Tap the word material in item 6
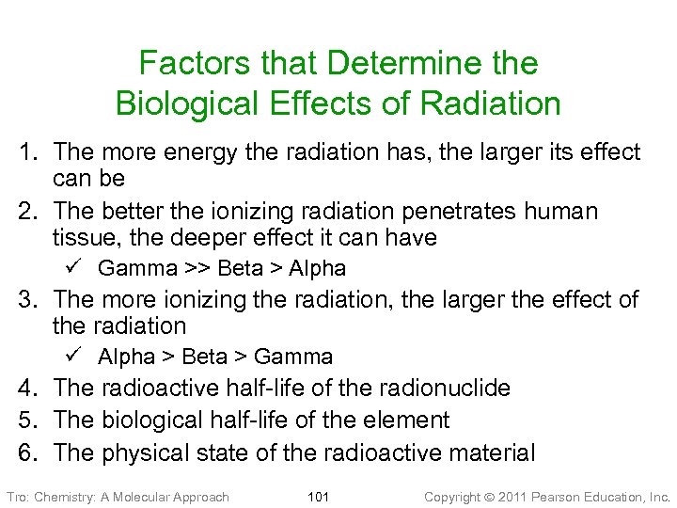tap(489, 452)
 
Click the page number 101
tap(318, 497)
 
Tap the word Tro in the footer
tap(17, 497)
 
